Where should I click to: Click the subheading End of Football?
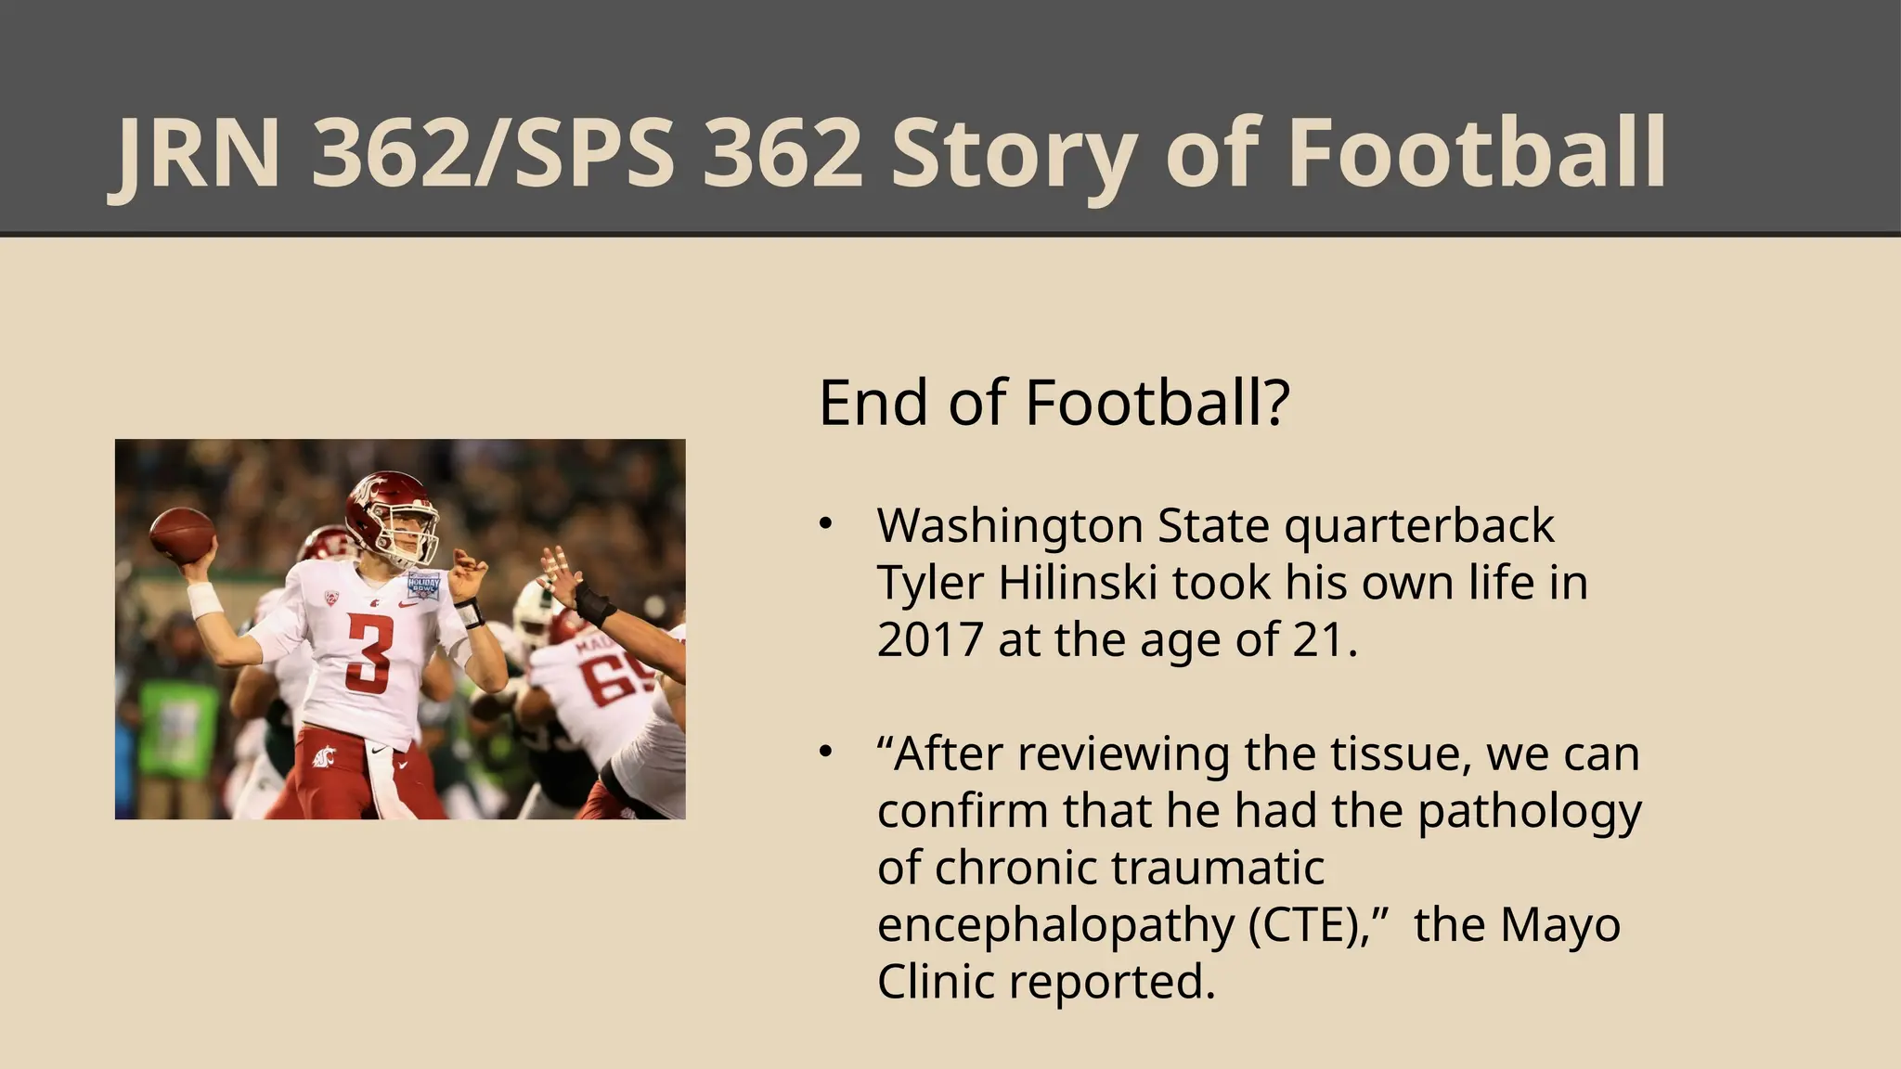coord(1054,403)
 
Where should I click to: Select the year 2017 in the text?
coord(929,639)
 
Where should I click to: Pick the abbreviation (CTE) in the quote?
coord(1304,924)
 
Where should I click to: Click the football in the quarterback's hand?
coord(182,534)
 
